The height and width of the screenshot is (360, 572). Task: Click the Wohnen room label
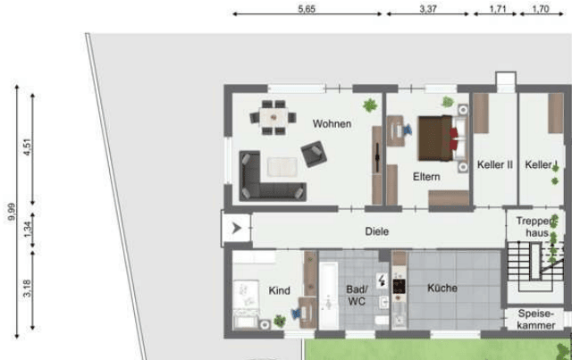[332, 123]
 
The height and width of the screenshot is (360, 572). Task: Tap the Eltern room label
[426, 177]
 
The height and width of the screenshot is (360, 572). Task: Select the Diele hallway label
[377, 231]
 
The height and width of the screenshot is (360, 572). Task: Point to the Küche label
[442, 288]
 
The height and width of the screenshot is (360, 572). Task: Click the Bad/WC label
[357, 296]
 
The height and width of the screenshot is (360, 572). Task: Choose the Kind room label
[280, 290]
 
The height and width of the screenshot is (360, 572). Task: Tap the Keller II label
[495, 165]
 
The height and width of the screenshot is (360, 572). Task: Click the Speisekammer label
[536, 320]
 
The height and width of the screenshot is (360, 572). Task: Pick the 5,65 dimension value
[307, 9]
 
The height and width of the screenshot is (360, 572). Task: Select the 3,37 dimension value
[428, 9]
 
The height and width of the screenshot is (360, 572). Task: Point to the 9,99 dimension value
[12, 212]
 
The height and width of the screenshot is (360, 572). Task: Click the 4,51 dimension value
[28, 147]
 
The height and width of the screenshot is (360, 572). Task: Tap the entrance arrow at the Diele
[236, 228]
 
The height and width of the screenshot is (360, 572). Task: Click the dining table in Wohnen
[273, 117]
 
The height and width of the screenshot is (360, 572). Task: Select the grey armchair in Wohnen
[314, 154]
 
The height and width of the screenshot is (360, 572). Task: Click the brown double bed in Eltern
[437, 138]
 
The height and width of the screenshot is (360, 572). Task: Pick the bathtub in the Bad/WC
[329, 296]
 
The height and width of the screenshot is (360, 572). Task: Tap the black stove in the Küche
[400, 287]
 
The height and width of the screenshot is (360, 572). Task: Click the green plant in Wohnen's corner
[370, 105]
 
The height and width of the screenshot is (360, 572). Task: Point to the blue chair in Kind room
[296, 314]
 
